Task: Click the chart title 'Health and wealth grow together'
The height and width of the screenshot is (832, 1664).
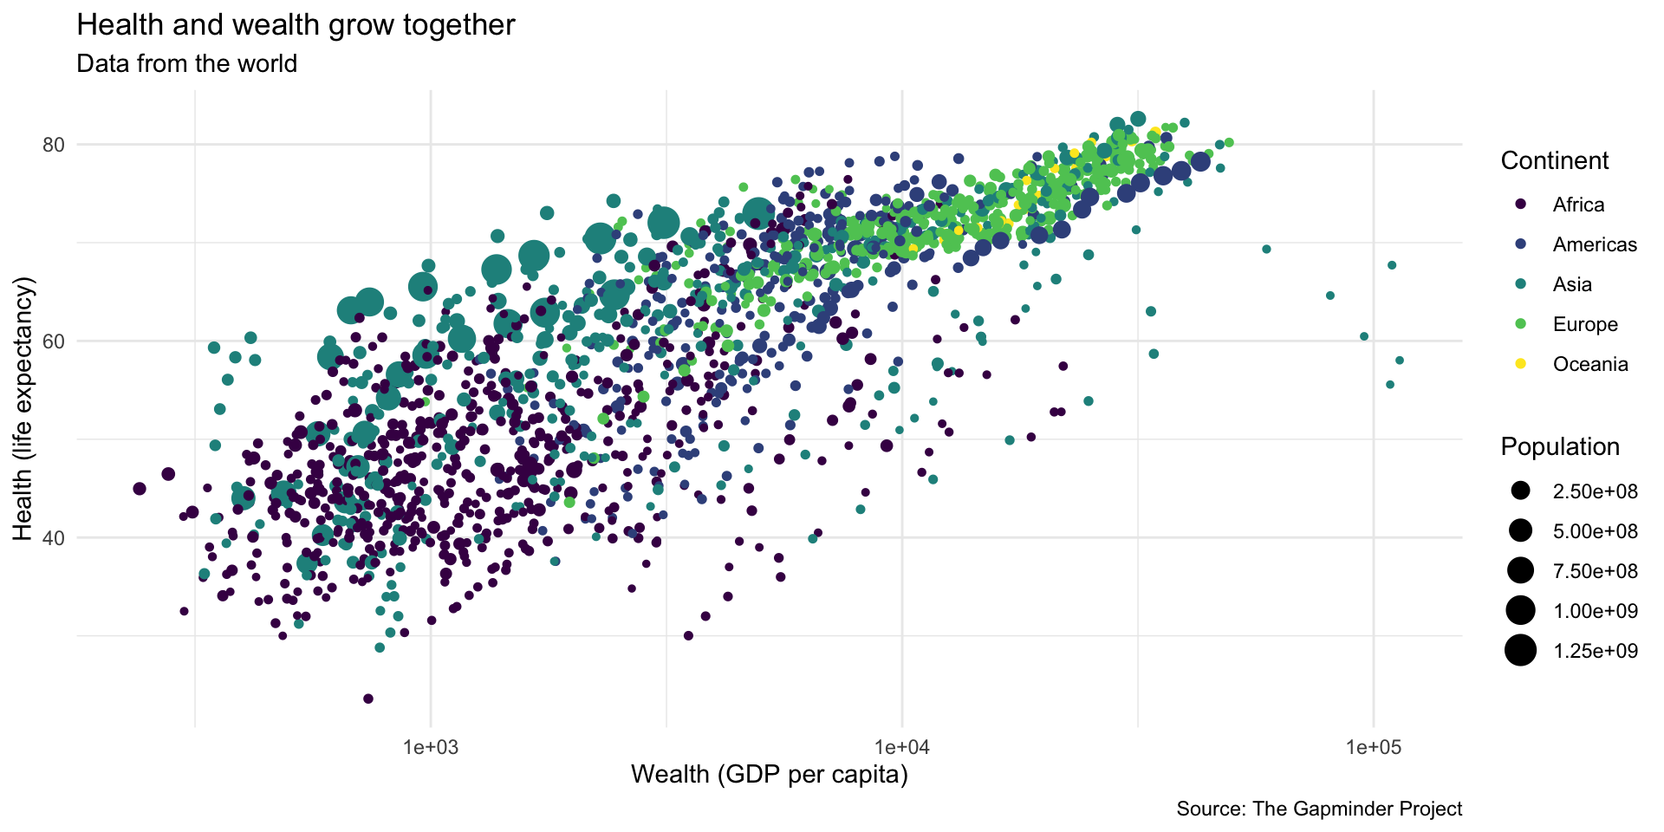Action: [296, 25]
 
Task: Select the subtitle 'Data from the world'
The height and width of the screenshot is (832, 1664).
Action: [186, 64]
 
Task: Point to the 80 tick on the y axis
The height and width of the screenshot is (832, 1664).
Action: [54, 145]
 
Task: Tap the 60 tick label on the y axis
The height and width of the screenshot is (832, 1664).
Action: [54, 341]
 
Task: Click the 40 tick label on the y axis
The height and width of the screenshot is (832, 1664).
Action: [54, 538]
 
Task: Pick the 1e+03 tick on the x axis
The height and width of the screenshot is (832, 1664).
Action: [431, 746]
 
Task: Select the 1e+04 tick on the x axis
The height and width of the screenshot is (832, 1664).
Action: [902, 746]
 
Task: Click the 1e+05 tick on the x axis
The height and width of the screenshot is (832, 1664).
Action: [1374, 746]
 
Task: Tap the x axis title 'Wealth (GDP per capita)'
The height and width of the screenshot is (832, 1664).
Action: [770, 774]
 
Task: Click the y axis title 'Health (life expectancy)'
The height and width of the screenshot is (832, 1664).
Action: [23, 408]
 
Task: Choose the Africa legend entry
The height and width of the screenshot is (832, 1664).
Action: [1577, 205]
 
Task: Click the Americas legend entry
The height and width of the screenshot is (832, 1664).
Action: [1594, 245]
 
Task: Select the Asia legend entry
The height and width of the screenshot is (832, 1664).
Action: [1571, 285]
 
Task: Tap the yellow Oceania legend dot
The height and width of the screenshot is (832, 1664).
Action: [1520, 365]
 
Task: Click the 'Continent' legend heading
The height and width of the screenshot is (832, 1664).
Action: [1554, 161]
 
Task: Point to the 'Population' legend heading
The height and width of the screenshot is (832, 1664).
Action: [1560, 447]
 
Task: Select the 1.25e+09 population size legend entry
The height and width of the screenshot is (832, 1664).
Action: [1595, 652]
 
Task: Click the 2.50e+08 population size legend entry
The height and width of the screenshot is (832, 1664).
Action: [1595, 492]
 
